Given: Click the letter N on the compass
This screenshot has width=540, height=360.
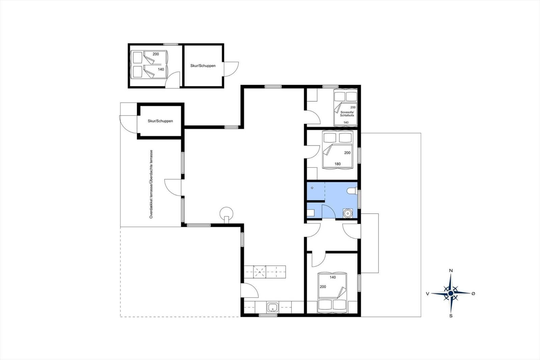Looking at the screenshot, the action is [451, 271].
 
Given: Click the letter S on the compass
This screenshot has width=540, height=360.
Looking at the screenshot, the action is [451, 316].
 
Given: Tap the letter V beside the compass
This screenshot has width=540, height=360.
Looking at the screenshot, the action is [427, 294].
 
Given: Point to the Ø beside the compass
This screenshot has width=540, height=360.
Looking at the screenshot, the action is [473, 293].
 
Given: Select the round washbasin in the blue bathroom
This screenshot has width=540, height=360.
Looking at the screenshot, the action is [348, 213].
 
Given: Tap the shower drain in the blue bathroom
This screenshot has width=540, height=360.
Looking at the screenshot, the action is [312, 188].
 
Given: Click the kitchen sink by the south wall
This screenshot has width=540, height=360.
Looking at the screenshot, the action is [273, 308].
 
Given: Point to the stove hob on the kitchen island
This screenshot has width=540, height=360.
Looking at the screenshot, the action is [260, 272].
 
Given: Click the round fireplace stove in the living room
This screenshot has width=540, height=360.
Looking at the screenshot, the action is [226, 214].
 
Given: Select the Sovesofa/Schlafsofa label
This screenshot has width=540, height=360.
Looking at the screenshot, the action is [347, 114].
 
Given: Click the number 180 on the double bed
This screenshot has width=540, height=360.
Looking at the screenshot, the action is [337, 164].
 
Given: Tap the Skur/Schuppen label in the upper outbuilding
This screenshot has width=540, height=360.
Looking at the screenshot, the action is [203, 66].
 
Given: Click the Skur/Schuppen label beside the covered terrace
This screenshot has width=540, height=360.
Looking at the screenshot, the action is [160, 121].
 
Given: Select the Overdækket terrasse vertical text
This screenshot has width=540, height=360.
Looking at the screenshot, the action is [151, 184].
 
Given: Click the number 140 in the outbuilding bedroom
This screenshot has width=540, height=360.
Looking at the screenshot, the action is [161, 70].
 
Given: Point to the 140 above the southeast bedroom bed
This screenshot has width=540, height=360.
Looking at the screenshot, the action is [333, 277].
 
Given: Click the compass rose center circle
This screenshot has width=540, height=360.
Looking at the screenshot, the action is [451, 293].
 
